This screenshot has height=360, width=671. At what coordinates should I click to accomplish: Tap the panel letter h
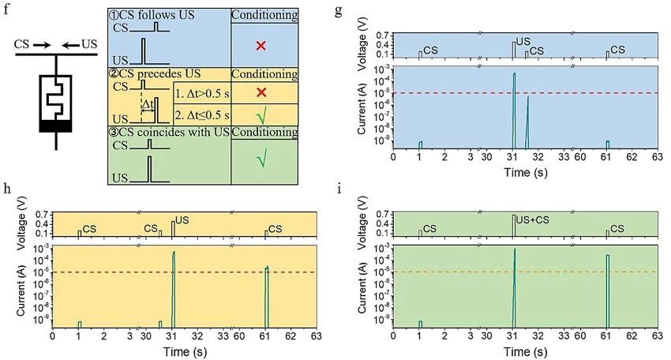tap(7, 189)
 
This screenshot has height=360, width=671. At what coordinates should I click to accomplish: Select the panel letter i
tap(338, 189)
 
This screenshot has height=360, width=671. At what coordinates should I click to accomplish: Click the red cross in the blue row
tap(261, 47)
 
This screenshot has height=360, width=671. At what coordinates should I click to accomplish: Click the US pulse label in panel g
tap(523, 41)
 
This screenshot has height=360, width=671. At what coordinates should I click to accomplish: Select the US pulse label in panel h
tap(182, 219)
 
